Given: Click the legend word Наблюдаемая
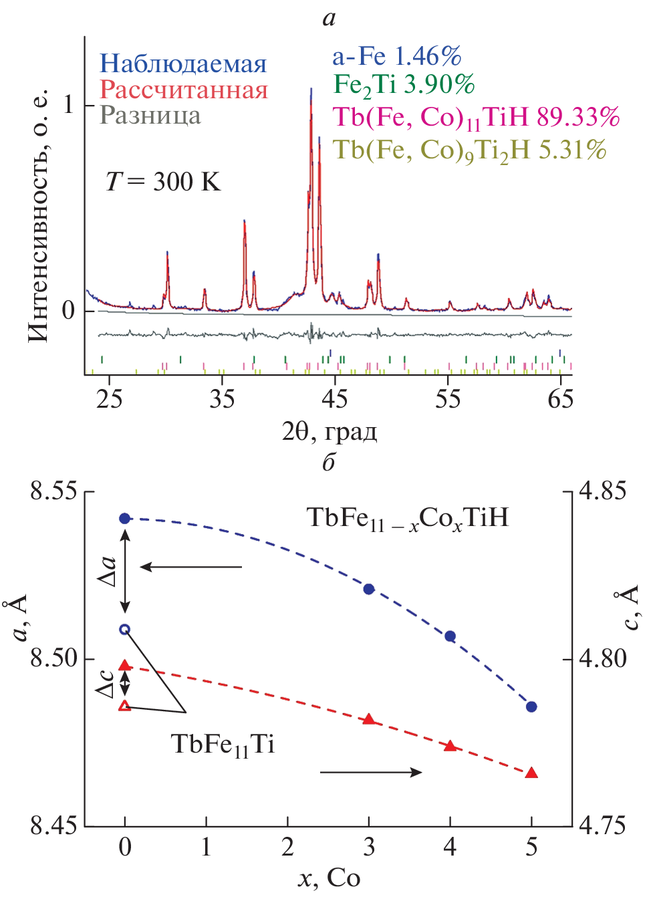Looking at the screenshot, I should (x=182, y=64).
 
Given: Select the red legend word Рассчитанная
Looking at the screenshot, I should (x=184, y=90).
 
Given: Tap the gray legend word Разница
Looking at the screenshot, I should (x=150, y=116).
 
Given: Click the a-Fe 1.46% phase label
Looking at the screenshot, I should (x=396, y=57).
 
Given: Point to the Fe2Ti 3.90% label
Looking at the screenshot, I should (x=404, y=85).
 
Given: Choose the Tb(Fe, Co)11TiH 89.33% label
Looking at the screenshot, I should (x=476, y=118).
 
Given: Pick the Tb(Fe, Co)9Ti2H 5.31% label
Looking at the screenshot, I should (x=469, y=150).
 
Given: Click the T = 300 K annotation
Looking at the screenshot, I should (x=163, y=182).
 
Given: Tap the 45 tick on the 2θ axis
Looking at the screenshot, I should (x=334, y=399).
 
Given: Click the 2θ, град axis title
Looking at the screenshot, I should (x=329, y=432).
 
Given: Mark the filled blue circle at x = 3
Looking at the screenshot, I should (x=368, y=589).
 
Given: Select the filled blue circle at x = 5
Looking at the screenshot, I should (x=531, y=707).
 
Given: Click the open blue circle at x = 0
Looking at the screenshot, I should (x=125, y=630).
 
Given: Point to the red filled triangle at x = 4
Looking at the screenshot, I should (x=450, y=745).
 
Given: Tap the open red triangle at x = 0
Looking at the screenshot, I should (x=125, y=705).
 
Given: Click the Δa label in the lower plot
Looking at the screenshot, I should (x=107, y=571).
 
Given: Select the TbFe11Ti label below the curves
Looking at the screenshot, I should (x=223, y=745).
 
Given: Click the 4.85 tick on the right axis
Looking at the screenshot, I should (x=602, y=491).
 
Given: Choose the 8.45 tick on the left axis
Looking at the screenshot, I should (x=53, y=826).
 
